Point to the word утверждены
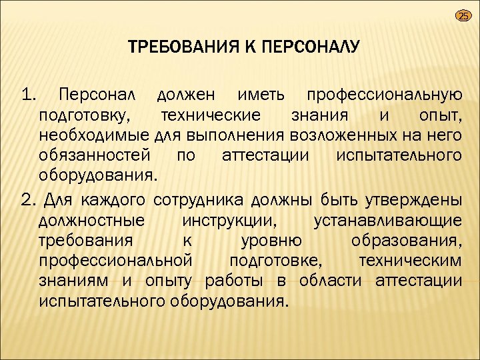click(413, 199)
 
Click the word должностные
click(92, 220)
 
